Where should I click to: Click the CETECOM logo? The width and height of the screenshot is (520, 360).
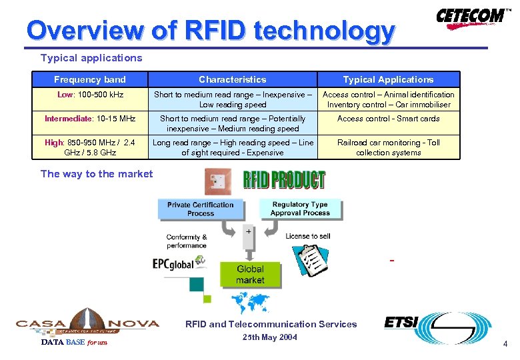[x=471, y=17]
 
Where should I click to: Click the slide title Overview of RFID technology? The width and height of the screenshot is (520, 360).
[x=210, y=31]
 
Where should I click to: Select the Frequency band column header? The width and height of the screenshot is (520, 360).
[x=89, y=79]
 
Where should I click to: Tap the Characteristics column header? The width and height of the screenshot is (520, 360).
[x=232, y=79]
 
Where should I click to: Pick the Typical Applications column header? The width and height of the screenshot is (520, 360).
[x=388, y=79]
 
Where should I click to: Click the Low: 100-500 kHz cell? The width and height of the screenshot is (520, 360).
[x=90, y=95]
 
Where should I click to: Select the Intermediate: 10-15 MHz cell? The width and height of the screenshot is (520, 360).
[x=90, y=119]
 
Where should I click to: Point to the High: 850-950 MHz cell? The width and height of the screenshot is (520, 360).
[x=90, y=147]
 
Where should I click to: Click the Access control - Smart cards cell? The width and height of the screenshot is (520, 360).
[x=388, y=119]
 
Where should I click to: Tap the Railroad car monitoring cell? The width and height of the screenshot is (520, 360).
[x=388, y=147]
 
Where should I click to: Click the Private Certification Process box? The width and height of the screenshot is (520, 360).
[x=200, y=209]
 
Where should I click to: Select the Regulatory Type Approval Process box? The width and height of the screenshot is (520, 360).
[x=300, y=209]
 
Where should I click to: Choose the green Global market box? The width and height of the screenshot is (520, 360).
[x=250, y=274]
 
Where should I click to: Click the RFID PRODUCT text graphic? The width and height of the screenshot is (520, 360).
[x=284, y=180]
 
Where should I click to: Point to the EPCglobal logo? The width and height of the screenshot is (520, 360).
[x=173, y=264]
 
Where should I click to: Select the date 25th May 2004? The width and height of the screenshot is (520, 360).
[x=271, y=337]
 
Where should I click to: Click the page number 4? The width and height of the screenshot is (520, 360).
[x=505, y=344]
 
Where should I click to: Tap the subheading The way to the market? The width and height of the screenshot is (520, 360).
[x=97, y=174]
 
